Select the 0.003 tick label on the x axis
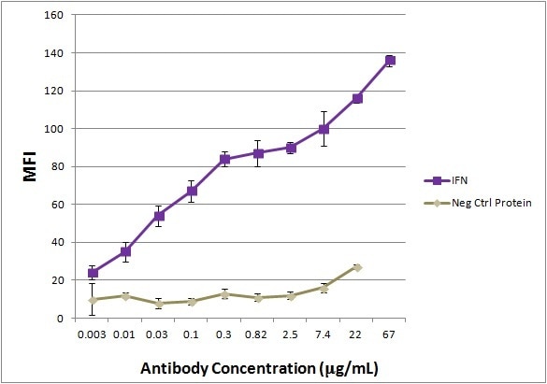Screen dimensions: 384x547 [94, 332]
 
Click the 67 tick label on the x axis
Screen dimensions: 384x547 [390, 332]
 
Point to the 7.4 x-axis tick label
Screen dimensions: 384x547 [324, 332]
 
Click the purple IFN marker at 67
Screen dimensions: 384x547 [390, 61]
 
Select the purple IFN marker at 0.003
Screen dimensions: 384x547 [94, 273]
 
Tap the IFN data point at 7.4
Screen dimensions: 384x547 [324, 129]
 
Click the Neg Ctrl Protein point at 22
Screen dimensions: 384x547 [357, 267]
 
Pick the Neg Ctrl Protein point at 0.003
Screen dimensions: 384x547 [94, 300]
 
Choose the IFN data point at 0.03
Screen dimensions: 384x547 [159, 216]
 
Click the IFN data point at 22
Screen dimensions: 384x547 [357, 98]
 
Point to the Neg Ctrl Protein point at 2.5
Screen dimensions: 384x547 [291, 296]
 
